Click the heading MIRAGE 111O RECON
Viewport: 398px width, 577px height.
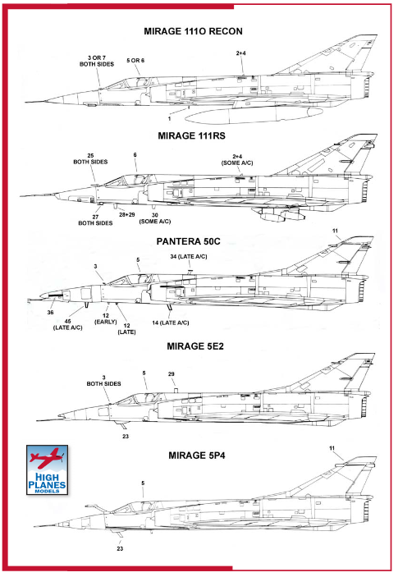click(193, 31)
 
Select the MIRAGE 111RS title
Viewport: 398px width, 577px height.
click(192, 135)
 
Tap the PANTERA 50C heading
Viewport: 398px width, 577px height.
click(189, 241)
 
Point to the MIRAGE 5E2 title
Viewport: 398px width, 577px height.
click(195, 346)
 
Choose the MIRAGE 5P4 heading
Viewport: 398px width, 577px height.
click(197, 456)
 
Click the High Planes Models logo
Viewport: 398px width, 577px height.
click(47, 470)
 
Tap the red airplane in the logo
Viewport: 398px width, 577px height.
click(47, 457)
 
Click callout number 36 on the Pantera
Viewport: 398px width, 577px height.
click(50, 313)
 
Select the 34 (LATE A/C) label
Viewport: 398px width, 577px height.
click(189, 256)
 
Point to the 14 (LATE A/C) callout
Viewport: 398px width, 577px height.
click(171, 323)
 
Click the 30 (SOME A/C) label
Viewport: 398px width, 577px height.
click(155, 218)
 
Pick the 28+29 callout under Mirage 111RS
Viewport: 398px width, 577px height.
click(127, 214)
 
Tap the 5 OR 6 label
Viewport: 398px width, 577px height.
click(135, 61)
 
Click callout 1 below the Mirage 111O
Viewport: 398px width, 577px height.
click(169, 119)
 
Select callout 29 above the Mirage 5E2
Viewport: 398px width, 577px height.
click(171, 374)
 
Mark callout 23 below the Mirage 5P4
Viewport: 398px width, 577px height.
click(120, 548)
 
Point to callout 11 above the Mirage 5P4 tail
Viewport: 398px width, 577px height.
click(332, 448)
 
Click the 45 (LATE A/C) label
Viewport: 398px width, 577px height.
click(67, 324)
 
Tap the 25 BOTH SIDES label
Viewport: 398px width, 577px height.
click(90, 158)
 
